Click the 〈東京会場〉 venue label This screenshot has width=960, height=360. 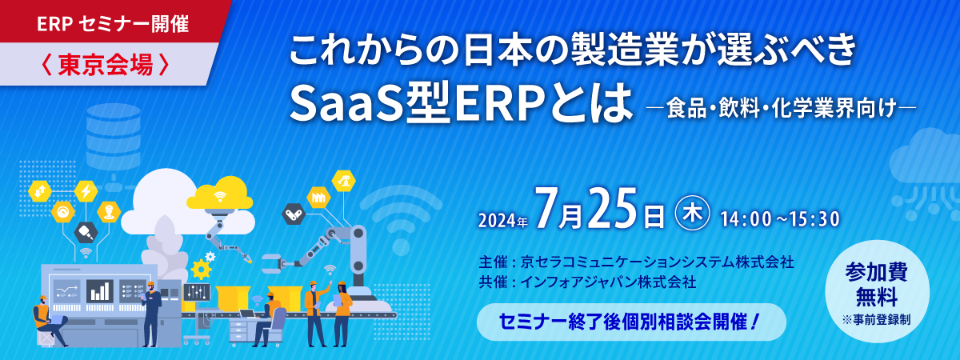pyautogui.click(x=105, y=65)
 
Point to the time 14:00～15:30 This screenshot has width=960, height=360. pyautogui.click(x=779, y=219)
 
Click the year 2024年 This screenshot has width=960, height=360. pyautogui.click(x=502, y=221)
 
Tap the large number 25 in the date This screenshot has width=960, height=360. pyautogui.click(x=615, y=208)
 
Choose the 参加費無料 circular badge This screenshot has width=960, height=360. pyautogui.click(x=877, y=291)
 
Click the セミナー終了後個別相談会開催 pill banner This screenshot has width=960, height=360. pyautogui.click(x=631, y=322)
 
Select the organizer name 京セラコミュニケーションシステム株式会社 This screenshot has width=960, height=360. pyautogui.click(x=657, y=262)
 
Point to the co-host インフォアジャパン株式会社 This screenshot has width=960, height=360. pyautogui.click(x=608, y=282)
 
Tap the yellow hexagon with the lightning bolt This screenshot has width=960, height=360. pyautogui.click(x=86, y=191)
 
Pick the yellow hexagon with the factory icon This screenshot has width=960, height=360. pyautogui.click(x=318, y=198)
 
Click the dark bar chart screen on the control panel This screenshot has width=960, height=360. pyautogui.click(x=100, y=291)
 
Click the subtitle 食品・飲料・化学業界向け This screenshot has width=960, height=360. pyautogui.click(x=782, y=109)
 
